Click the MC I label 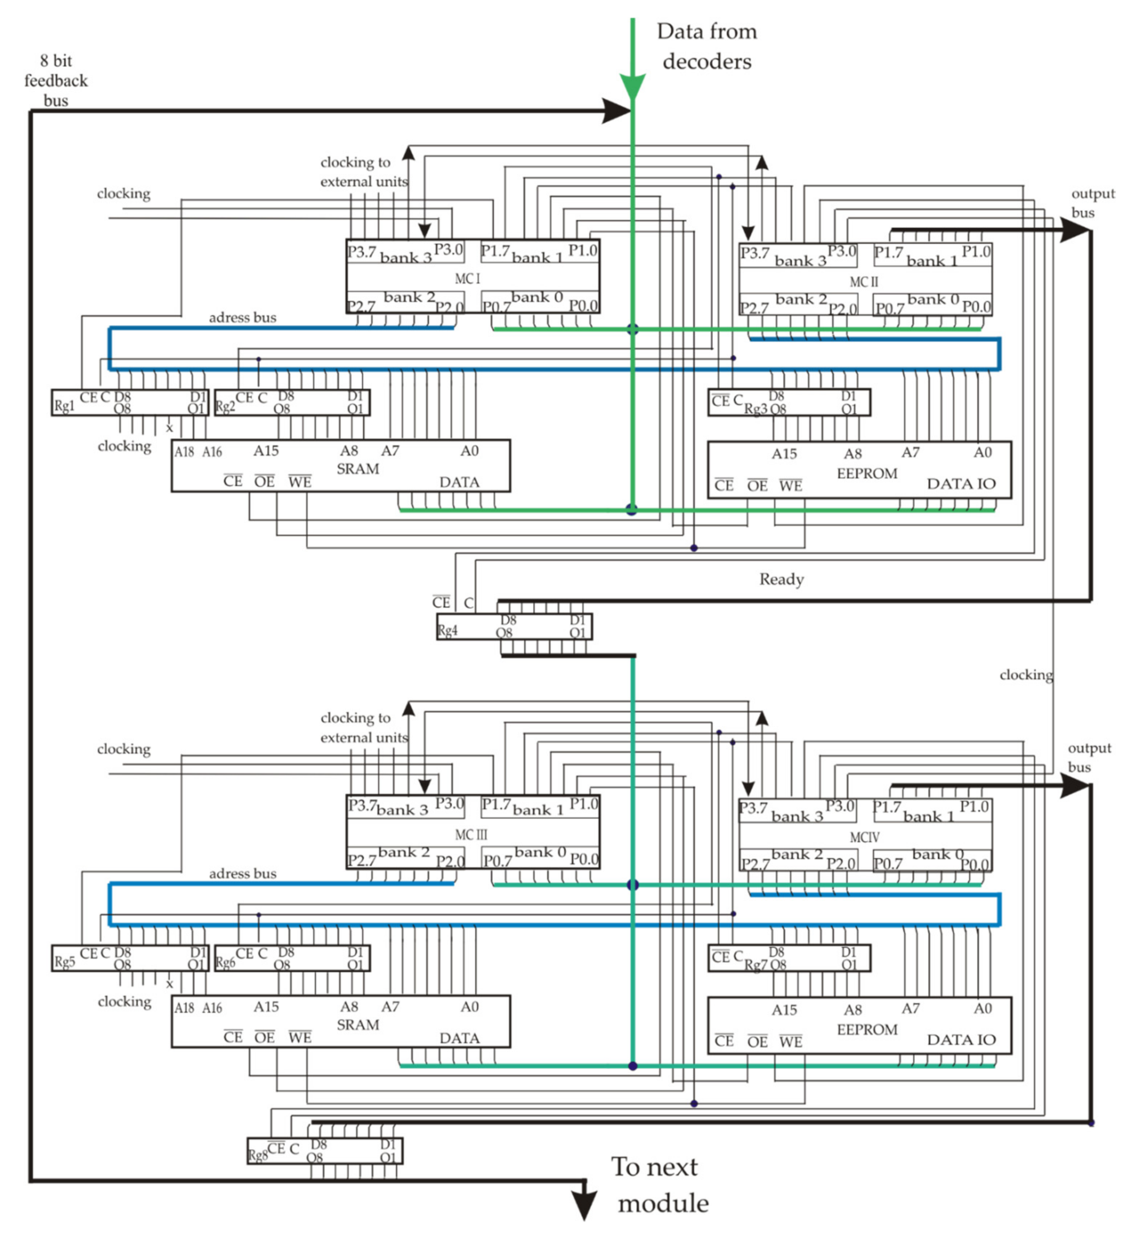[x=467, y=279]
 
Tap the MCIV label [x=864, y=837]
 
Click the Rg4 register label [x=448, y=630]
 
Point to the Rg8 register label [x=258, y=1155]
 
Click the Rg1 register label [x=64, y=405]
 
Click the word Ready [x=781, y=579]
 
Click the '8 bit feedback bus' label [x=56, y=81]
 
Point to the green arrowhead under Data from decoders [x=632, y=86]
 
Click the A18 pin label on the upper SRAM [x=184, y=452]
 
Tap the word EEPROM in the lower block [x=867, y=1029]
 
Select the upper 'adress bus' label [x=242, y=318]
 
